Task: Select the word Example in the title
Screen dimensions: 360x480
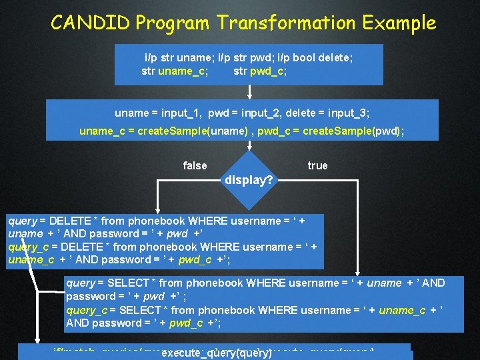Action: point(399,23)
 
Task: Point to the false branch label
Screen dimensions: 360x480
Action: point(195,165)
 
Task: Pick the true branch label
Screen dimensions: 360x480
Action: point(317,165)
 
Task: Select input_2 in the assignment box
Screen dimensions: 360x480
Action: point(265,113)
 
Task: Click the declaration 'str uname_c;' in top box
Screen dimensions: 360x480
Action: point(174,71)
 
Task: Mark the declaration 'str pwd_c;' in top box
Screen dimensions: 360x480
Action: point(260,71)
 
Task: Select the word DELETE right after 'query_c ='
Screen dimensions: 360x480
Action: point(83,247)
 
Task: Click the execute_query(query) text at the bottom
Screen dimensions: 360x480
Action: point(217,353)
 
